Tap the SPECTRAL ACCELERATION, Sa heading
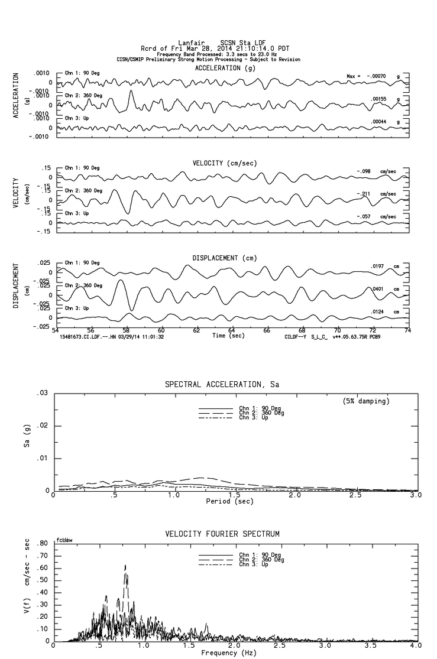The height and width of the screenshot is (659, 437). point(222,384)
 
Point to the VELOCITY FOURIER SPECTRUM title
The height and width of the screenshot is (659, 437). point(222,534)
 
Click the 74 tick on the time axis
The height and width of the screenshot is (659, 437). point(407,330)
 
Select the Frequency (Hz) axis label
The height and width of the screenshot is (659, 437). point(229,652)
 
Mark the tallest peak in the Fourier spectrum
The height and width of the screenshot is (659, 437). point(125,566)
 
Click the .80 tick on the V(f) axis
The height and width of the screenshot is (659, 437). point(42,543)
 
